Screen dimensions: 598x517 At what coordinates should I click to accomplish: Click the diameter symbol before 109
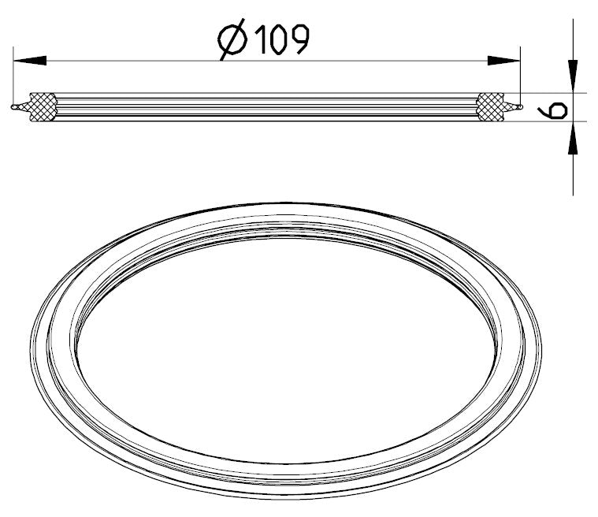tap(232, 39)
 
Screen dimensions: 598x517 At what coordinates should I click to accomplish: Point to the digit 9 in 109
tap(299, 39)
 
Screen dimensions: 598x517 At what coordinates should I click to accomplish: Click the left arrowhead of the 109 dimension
tap(30, 60)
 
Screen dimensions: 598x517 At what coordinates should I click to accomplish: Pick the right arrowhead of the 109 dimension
tap(503, 60)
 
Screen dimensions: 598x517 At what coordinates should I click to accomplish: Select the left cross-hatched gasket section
tap(43, 107)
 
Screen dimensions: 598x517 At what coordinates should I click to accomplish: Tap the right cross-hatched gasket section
tap(490, 107)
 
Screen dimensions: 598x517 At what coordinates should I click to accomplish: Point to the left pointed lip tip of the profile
tap(12, 107)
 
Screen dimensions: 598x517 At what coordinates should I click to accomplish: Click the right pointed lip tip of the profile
tap(521, 107)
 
